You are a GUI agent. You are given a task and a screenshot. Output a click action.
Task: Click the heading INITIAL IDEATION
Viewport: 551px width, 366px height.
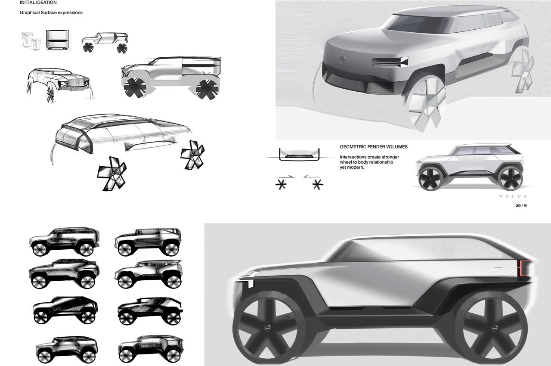click(38, 3)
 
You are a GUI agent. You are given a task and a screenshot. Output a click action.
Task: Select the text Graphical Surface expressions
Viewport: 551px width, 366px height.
click(51, 12)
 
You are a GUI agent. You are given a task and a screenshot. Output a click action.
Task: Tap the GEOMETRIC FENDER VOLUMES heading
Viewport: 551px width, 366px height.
click(374, 147)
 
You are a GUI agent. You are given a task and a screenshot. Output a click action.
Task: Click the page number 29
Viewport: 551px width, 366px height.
click(518, 206)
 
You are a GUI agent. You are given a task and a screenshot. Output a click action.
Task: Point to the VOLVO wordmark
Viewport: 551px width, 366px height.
click(513, 196)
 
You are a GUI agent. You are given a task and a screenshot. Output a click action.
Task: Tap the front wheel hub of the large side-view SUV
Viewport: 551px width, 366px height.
click(267, 328)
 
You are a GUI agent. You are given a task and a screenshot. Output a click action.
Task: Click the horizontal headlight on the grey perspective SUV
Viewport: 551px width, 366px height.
click(390, 62)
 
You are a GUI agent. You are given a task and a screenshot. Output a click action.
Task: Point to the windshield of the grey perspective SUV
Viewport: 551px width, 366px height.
click(418, 23)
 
